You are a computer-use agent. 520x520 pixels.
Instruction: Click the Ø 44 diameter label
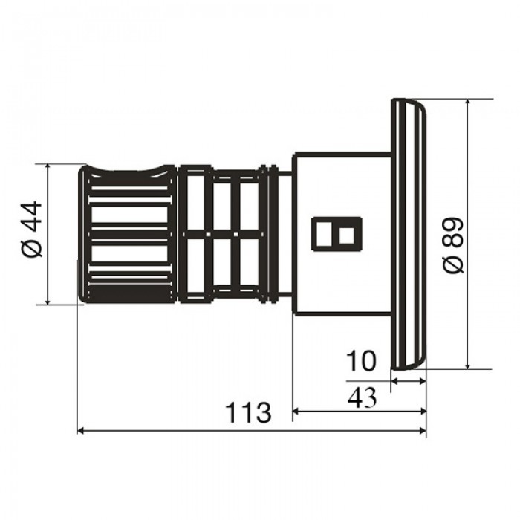pyautogui.click(x=33, y=229)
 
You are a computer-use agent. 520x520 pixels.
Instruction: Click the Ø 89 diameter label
pyautogui.click(x=453, y=245)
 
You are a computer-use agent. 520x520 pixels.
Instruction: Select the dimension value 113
pyautogui.click(x=248, y=412)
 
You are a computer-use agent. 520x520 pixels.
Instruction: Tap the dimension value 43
pyautogui.click(x=363, y=397)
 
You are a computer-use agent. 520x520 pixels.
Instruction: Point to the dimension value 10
pyautogui.click(x=361, y=361)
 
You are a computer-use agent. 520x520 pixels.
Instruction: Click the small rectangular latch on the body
pyautogui.click(x=337, y=234)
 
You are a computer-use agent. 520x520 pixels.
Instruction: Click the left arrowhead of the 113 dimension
pyautogui.click(x=80, y=430)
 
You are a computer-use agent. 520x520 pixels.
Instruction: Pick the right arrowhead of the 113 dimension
pyautogui.click(x=423, y=430)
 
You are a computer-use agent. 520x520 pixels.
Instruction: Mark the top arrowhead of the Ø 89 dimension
pyautogui.click(x=468, y=103)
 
